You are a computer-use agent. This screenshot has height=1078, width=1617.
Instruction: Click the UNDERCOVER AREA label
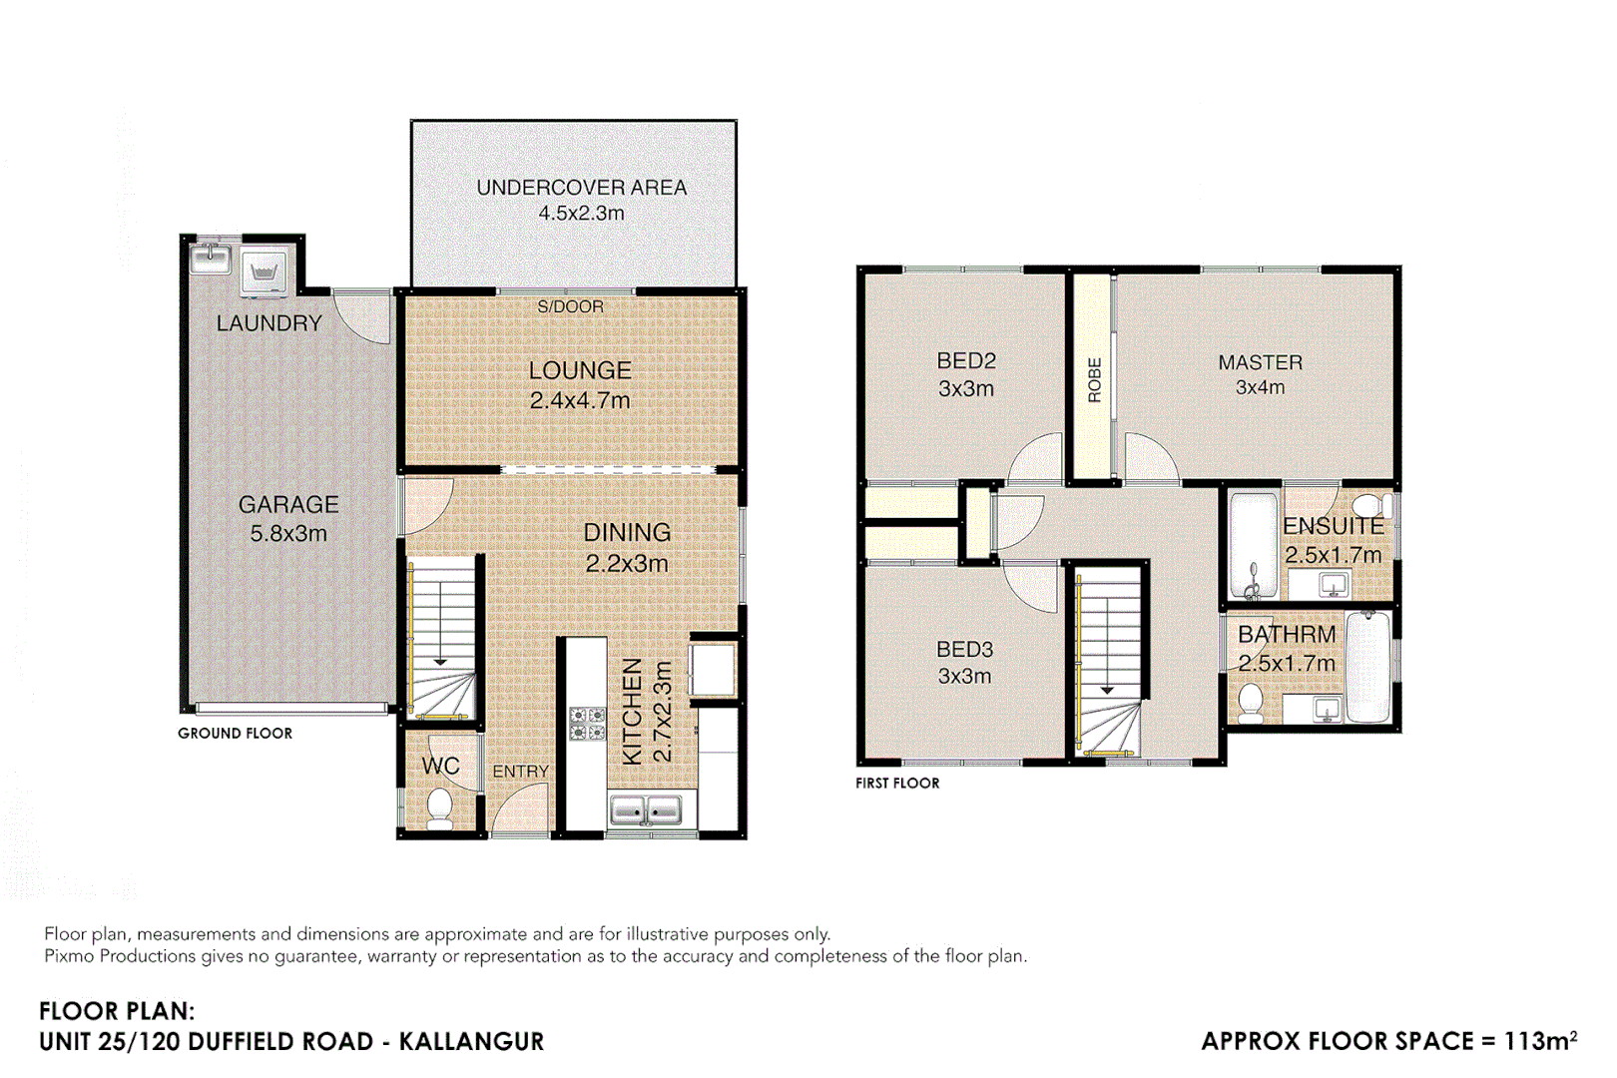581,188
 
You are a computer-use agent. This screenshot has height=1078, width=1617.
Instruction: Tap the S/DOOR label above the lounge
570,306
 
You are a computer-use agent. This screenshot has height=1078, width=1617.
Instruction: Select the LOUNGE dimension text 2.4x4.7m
580,401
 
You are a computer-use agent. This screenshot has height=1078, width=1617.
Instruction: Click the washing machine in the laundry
264,271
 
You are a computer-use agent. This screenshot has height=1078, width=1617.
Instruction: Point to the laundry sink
211,259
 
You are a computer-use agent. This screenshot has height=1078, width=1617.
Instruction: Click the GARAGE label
288,505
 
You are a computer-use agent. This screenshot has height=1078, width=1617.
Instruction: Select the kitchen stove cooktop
587,724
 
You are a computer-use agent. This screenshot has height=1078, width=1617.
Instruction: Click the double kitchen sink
645,810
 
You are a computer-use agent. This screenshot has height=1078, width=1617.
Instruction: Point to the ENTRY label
520,772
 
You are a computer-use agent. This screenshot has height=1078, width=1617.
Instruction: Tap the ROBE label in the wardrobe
1094,380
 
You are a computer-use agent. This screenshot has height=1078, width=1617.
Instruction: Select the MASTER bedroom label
1260,363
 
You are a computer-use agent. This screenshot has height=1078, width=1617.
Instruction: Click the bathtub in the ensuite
1254,544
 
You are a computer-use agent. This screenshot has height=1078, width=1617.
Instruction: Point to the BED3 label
964,650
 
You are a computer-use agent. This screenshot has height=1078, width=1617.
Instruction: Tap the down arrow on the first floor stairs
1106,689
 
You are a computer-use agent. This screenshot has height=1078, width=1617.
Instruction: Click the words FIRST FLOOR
897,784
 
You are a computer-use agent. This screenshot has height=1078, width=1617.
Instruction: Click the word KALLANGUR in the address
471,1042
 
